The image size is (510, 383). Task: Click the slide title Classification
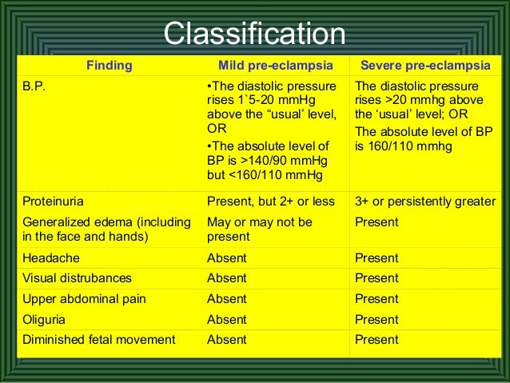(254, 34)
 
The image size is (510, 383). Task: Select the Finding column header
(110, 66)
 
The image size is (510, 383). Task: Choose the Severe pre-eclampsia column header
(424, 66)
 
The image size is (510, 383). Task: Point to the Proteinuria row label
(54, 201)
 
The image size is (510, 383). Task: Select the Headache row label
(50, 258)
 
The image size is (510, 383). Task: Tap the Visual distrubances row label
(77, 278)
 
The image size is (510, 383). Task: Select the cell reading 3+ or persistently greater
(424, 201)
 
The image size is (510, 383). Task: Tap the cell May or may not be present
(259, 229)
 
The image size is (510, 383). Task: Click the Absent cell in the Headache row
(227, 258)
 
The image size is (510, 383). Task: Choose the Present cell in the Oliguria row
(377, 319)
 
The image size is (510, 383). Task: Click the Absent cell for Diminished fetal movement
(227, 340)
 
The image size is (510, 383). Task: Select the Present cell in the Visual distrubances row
(377, 278)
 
